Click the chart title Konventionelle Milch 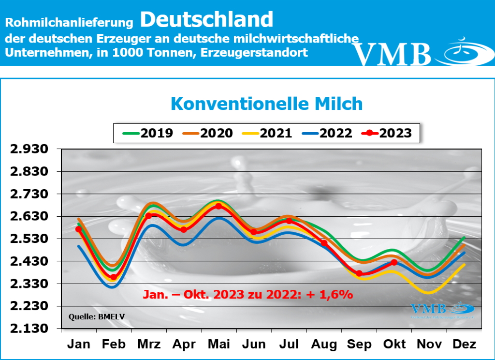coord(266,104)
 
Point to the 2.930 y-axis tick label coord(30,150)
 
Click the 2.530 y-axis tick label coord(30,239)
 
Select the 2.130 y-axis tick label coord(30,329)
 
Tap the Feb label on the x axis coord(114,345)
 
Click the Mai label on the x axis coord(218,345)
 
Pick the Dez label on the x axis coord(464,345)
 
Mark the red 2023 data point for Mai coord(218,206)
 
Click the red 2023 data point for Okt coord(393,262)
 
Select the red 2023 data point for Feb coord(114,277)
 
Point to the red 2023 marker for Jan coord(79,229)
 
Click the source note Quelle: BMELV coord(91,317)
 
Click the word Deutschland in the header coord(207,19)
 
